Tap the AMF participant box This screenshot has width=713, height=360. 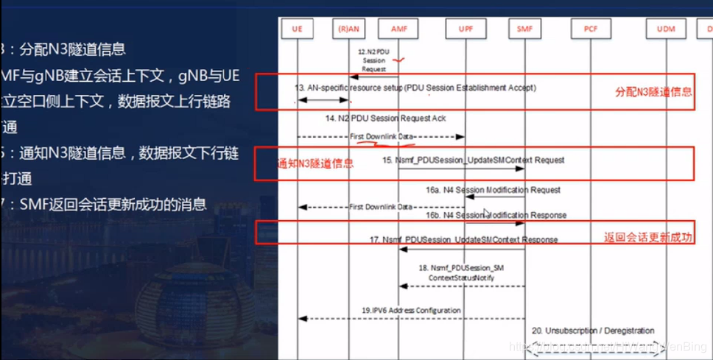(x=398, y=29)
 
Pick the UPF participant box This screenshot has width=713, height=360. (x=466, y=29)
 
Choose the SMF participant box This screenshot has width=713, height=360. (x=525, y=29)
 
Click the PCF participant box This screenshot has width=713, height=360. (x=591, y=29)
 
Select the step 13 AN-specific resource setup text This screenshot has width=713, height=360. (x=415, y=88)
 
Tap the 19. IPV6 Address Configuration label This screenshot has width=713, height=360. (x=411, y=311)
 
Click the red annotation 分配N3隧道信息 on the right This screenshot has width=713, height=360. (x=653, y=92)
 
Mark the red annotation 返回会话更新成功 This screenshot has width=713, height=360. (x=648, y=237)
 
